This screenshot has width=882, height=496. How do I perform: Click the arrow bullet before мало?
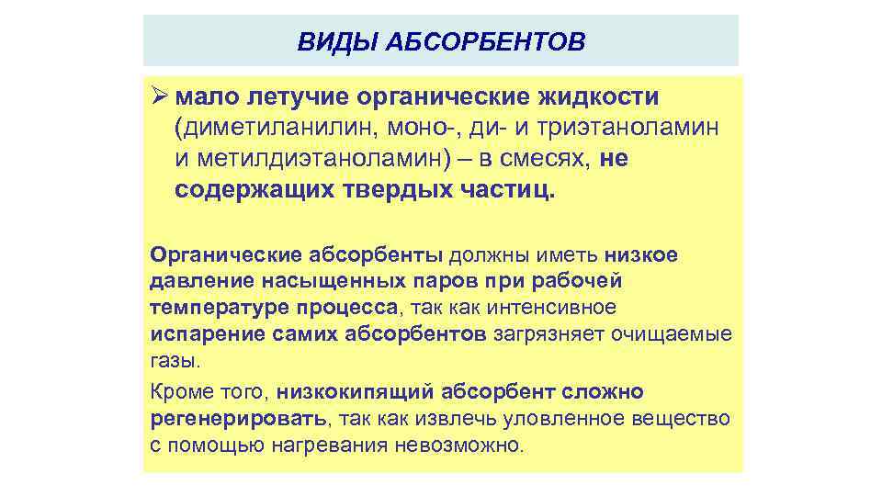coord(158,96)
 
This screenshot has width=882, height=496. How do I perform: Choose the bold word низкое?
coord(641,254)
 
